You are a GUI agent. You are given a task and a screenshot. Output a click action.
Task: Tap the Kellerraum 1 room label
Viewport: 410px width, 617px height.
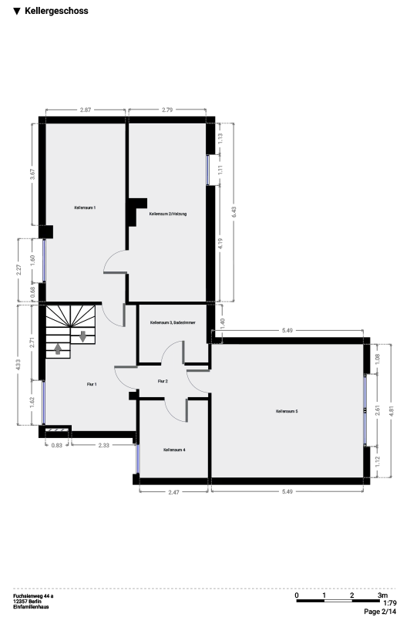85,207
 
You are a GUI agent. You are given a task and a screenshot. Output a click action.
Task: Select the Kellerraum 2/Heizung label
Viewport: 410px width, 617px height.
168,214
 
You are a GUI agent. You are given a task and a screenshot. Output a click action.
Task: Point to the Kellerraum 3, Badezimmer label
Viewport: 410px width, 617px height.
173,322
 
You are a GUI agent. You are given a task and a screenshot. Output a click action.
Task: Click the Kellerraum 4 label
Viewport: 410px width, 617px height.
174,450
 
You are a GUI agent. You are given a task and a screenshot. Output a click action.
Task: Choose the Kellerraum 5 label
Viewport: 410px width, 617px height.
287,411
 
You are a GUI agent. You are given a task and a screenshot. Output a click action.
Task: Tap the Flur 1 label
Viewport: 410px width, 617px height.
92,384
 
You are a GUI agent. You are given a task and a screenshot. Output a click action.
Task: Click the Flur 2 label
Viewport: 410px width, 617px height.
163,381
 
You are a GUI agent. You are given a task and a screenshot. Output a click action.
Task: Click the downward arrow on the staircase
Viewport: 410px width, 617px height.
82,337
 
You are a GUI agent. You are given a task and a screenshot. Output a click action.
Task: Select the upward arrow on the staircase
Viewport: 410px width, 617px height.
58,349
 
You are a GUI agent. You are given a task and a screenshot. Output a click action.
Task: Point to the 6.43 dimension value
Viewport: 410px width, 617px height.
234,212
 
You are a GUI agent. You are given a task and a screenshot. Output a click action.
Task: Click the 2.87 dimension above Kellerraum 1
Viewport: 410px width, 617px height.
86,110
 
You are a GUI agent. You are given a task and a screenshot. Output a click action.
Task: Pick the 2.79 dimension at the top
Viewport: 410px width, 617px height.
167,110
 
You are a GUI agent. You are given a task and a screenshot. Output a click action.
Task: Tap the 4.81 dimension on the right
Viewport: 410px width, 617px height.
391,410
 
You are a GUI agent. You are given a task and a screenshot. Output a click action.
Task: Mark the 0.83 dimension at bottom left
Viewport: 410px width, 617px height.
57,445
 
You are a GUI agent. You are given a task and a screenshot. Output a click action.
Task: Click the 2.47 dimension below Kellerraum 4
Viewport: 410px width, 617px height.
173,492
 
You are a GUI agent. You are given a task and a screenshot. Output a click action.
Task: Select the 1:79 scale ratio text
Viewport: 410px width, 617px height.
389,603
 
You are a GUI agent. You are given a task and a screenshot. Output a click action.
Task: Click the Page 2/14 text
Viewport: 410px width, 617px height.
380,611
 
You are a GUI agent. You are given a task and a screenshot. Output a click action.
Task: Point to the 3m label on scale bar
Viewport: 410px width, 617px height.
382,595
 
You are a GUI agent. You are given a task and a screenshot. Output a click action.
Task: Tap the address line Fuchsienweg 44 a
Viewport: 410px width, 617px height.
33,596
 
